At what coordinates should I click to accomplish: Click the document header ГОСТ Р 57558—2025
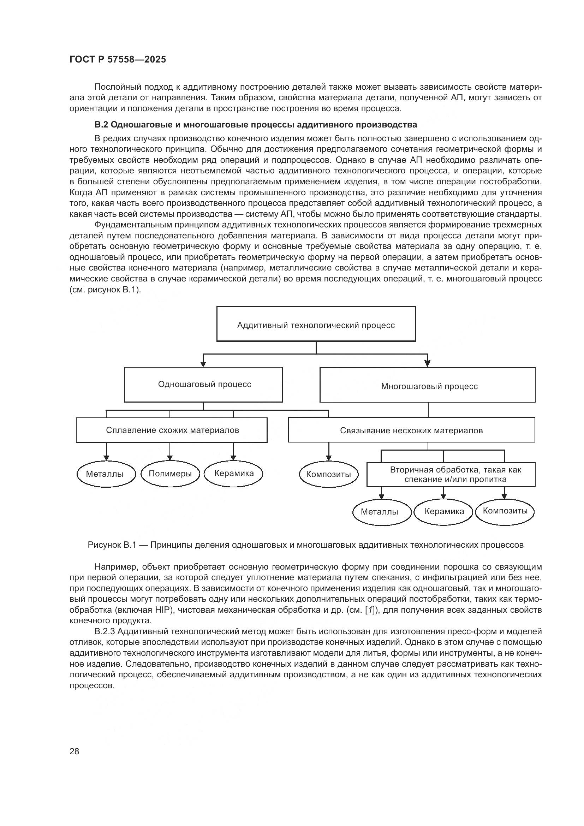[x=118, y=59]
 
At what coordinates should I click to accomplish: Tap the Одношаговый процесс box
[x=203, y=384]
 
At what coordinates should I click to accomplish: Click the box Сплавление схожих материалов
[x=172, y=430]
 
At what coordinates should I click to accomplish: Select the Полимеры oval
[x=170, y=474]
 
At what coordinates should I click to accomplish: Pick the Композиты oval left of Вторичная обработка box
[x=328, y=474]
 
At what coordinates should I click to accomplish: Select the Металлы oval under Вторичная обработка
[x=381, y=512]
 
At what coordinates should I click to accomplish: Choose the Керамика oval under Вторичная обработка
[x=443, y=512]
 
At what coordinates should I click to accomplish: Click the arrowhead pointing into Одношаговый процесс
[x=203, y=364]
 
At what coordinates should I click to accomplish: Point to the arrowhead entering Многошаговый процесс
[x=427, y=364]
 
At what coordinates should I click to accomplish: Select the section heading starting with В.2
[x=255, y=125]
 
